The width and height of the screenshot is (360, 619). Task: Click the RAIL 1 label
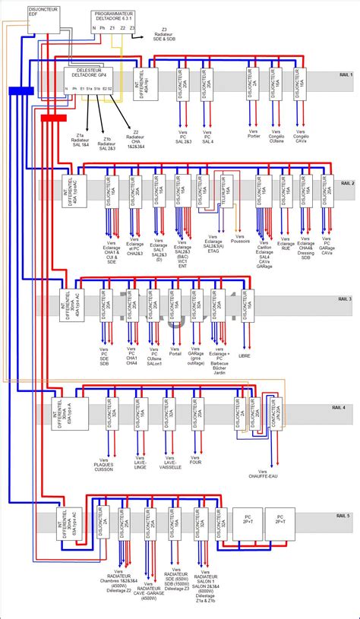(x=346, y=75)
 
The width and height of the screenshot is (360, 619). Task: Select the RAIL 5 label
(x=343, y=516)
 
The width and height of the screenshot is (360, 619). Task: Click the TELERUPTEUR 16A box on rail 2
(x=224, y=192)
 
